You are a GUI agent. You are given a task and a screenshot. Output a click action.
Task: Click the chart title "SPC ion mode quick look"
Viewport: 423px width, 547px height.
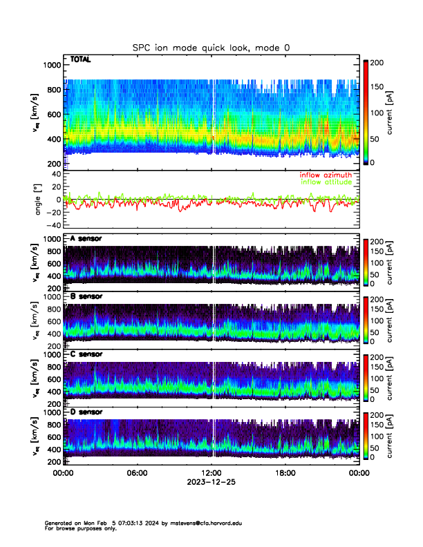[211, 48]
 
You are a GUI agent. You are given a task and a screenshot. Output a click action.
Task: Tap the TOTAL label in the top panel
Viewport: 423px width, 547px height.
[79, 60]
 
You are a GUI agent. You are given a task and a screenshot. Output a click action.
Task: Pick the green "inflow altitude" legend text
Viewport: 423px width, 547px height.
[326, 182]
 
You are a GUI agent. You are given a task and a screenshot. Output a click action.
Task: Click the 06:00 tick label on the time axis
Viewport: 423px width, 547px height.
[137, 473]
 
